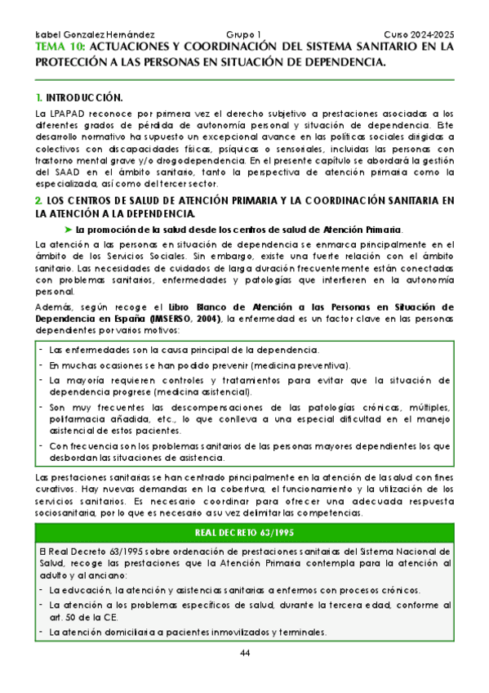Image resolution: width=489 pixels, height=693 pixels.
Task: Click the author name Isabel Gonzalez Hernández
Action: click(x=85, y=35)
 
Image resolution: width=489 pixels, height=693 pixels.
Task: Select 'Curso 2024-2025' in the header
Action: click(x=419, y=35)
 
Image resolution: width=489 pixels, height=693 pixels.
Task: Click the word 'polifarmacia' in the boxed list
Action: click(x=76, y=418)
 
